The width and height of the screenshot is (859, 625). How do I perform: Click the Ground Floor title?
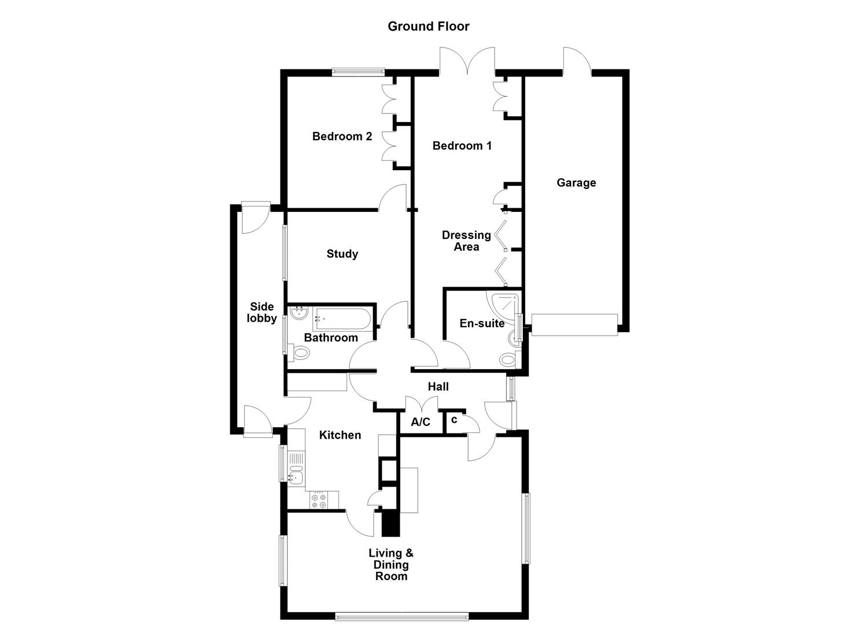428,26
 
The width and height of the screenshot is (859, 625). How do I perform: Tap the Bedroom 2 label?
342,137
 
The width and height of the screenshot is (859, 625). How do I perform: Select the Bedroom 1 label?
462,146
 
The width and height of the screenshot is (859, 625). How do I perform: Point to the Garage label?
576,183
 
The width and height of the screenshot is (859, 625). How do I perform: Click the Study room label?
342,253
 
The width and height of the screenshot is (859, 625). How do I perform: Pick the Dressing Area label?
466,241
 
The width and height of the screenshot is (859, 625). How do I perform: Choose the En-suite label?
481,323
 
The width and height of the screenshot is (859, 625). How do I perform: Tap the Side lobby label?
261,312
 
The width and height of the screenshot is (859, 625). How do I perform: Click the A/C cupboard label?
421,422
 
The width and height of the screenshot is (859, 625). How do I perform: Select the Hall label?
438,387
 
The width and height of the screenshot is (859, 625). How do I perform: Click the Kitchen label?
340,435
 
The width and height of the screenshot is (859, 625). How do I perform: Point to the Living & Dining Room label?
391,564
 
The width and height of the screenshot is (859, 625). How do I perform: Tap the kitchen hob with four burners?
318,500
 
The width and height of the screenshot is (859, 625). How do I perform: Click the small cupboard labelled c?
454,420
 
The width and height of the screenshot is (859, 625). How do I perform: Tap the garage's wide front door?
574,325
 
